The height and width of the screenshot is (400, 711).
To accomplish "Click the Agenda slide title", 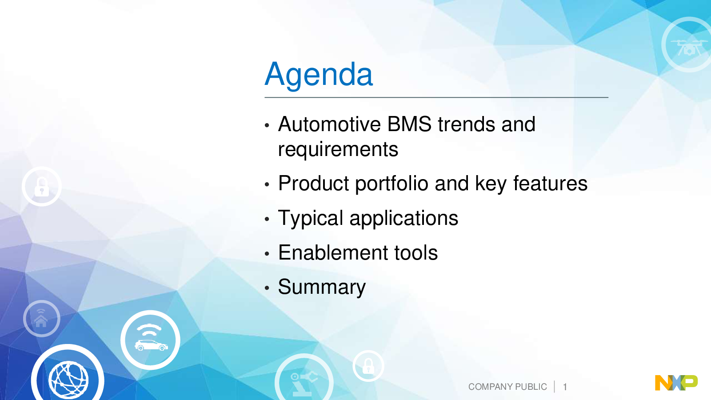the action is click(319, 75).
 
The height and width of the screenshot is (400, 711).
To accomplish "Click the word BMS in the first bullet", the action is click(409, 124).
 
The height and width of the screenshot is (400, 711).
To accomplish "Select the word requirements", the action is click(338, 149).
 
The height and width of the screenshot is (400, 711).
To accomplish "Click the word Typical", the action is click(311, 218).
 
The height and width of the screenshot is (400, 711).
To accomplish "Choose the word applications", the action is click(404, 218).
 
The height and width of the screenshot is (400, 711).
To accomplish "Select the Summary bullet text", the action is click(322, 287).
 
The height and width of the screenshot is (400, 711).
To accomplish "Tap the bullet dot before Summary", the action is click(267, 288).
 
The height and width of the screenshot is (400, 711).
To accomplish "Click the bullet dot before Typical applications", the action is click(267, 219).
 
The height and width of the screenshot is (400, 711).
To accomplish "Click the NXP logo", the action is click(676, 383).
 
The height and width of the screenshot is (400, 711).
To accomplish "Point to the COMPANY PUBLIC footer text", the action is click(507, 387).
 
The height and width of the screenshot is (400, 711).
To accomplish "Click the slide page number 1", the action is click(565, 387).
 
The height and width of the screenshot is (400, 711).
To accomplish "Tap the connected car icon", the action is click(151, 340).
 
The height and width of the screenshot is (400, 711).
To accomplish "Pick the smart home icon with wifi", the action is click(42, 318).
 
